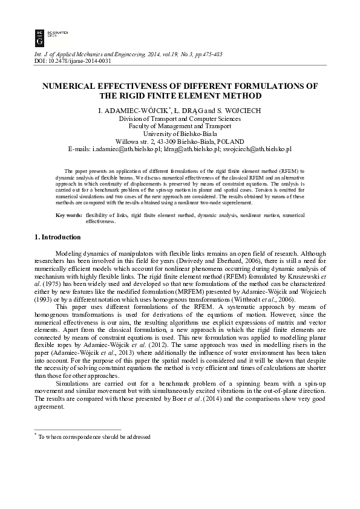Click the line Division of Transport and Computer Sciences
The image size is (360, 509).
[x=180, y=119]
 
